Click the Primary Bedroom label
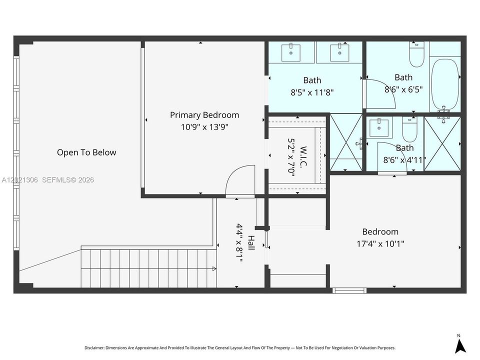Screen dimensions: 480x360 pyautogui.click(x=204, y=115)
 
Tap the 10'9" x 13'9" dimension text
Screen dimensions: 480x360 pyautogui.click(x=204, y=126)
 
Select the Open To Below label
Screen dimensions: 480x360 pyautogui.click(x=86, y=152)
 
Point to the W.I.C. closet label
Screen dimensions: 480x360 pyautogui.click(x=303, y=157)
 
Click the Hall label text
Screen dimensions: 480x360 pyautogui.click(x=251, y=243)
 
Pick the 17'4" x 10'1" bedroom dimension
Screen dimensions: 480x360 pyautogui.click(x=380, y=244)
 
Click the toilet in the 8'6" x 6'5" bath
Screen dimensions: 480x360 pyautogui.click(x=416, y=55)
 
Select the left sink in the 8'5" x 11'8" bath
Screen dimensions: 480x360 pyautogui.click(x=291, y=52)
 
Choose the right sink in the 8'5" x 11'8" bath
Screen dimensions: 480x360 pyautogui.click(x=340, y=52)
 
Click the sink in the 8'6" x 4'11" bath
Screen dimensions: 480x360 pyautogui.click(x=379, y=127)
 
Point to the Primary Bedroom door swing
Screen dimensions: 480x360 pyautogui.click(x=240, y=180)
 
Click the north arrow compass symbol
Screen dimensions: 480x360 pyautogui.click(x=460, y=345)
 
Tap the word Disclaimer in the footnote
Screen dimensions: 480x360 pyautogui.click(x=94, y=348)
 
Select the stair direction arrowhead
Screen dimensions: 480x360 pyautogui.click(x=214, y=269)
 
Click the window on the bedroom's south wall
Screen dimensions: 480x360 pyautogui.click(x=349, y=290)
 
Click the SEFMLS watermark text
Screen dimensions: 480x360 pyautogui.click(x=68, y=180)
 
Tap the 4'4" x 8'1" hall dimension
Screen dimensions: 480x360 pyautogui.click(x=239, y=243)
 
